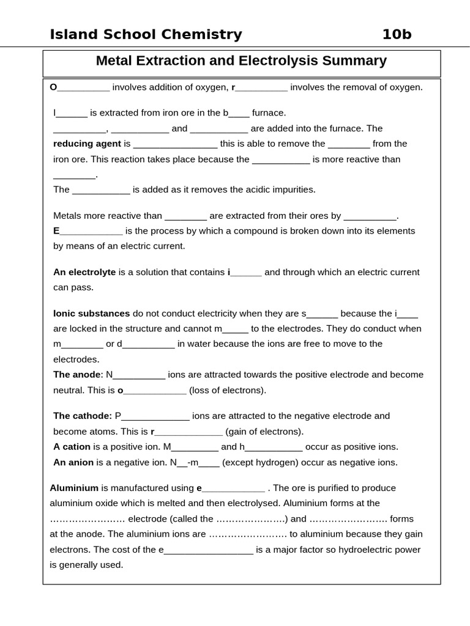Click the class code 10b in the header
397,35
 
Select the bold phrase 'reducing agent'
87,144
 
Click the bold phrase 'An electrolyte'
84,272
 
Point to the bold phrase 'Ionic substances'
91,314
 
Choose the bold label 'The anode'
76,375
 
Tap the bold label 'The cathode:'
83,416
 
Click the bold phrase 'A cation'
72,447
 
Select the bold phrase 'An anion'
73,463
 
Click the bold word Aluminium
74,488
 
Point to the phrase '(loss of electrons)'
228,390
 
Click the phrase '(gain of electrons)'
264,432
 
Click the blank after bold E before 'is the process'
91,232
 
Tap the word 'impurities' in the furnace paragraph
293,190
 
